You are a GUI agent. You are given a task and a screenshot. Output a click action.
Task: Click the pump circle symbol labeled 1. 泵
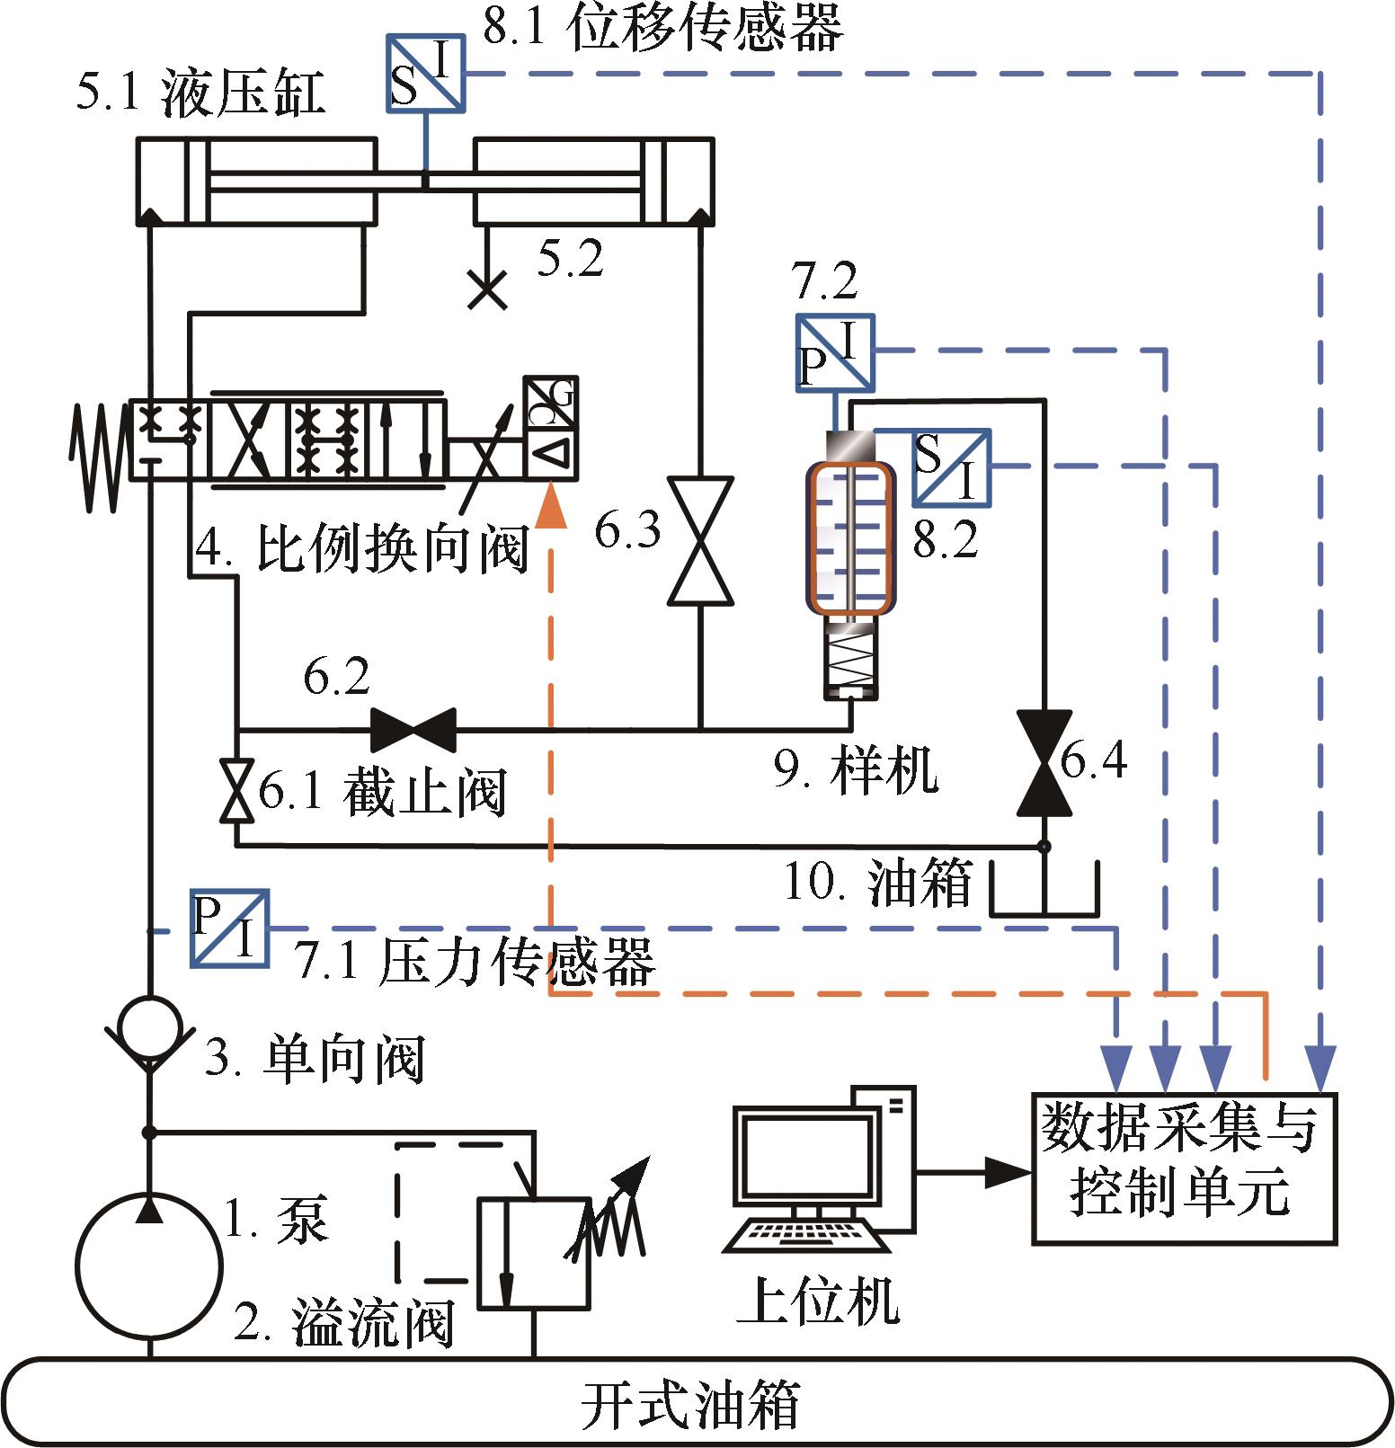(149, 1266)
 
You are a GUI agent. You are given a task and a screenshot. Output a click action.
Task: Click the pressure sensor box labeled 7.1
(230, 928)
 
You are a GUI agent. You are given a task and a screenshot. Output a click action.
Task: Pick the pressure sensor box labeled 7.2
(835, 352)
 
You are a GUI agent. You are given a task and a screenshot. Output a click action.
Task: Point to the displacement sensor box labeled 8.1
(426, 74)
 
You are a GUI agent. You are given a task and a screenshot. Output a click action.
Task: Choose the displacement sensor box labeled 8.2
(952, 466)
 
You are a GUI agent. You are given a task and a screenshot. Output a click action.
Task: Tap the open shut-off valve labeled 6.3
(700, 540)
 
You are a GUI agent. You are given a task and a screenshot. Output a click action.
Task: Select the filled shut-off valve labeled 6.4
(1044, 763)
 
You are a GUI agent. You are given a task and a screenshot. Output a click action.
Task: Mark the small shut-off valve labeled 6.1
(236, 791)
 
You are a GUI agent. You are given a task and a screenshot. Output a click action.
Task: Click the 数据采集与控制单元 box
(1184, 1168)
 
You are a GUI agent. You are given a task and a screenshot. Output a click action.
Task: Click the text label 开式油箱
(690, 1403)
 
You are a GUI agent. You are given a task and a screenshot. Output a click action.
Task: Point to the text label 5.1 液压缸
(200, 93)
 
